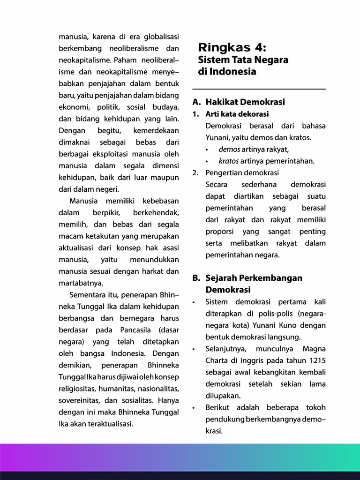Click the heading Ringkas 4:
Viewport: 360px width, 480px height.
[x=232, y=48]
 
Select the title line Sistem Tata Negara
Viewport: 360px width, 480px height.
[x=243, y=60]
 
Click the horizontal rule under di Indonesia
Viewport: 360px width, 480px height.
[x=259, y=89]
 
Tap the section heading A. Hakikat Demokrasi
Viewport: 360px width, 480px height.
[x=239, y=102]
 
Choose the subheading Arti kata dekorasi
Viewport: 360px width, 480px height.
[x=237, y=114]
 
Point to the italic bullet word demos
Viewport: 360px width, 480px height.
[x=229, y=149]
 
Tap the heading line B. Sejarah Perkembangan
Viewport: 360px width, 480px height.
[x=247, y=278]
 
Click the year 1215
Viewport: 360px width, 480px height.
[x=316, y=360]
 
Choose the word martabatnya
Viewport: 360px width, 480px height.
[x=81, y=283]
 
